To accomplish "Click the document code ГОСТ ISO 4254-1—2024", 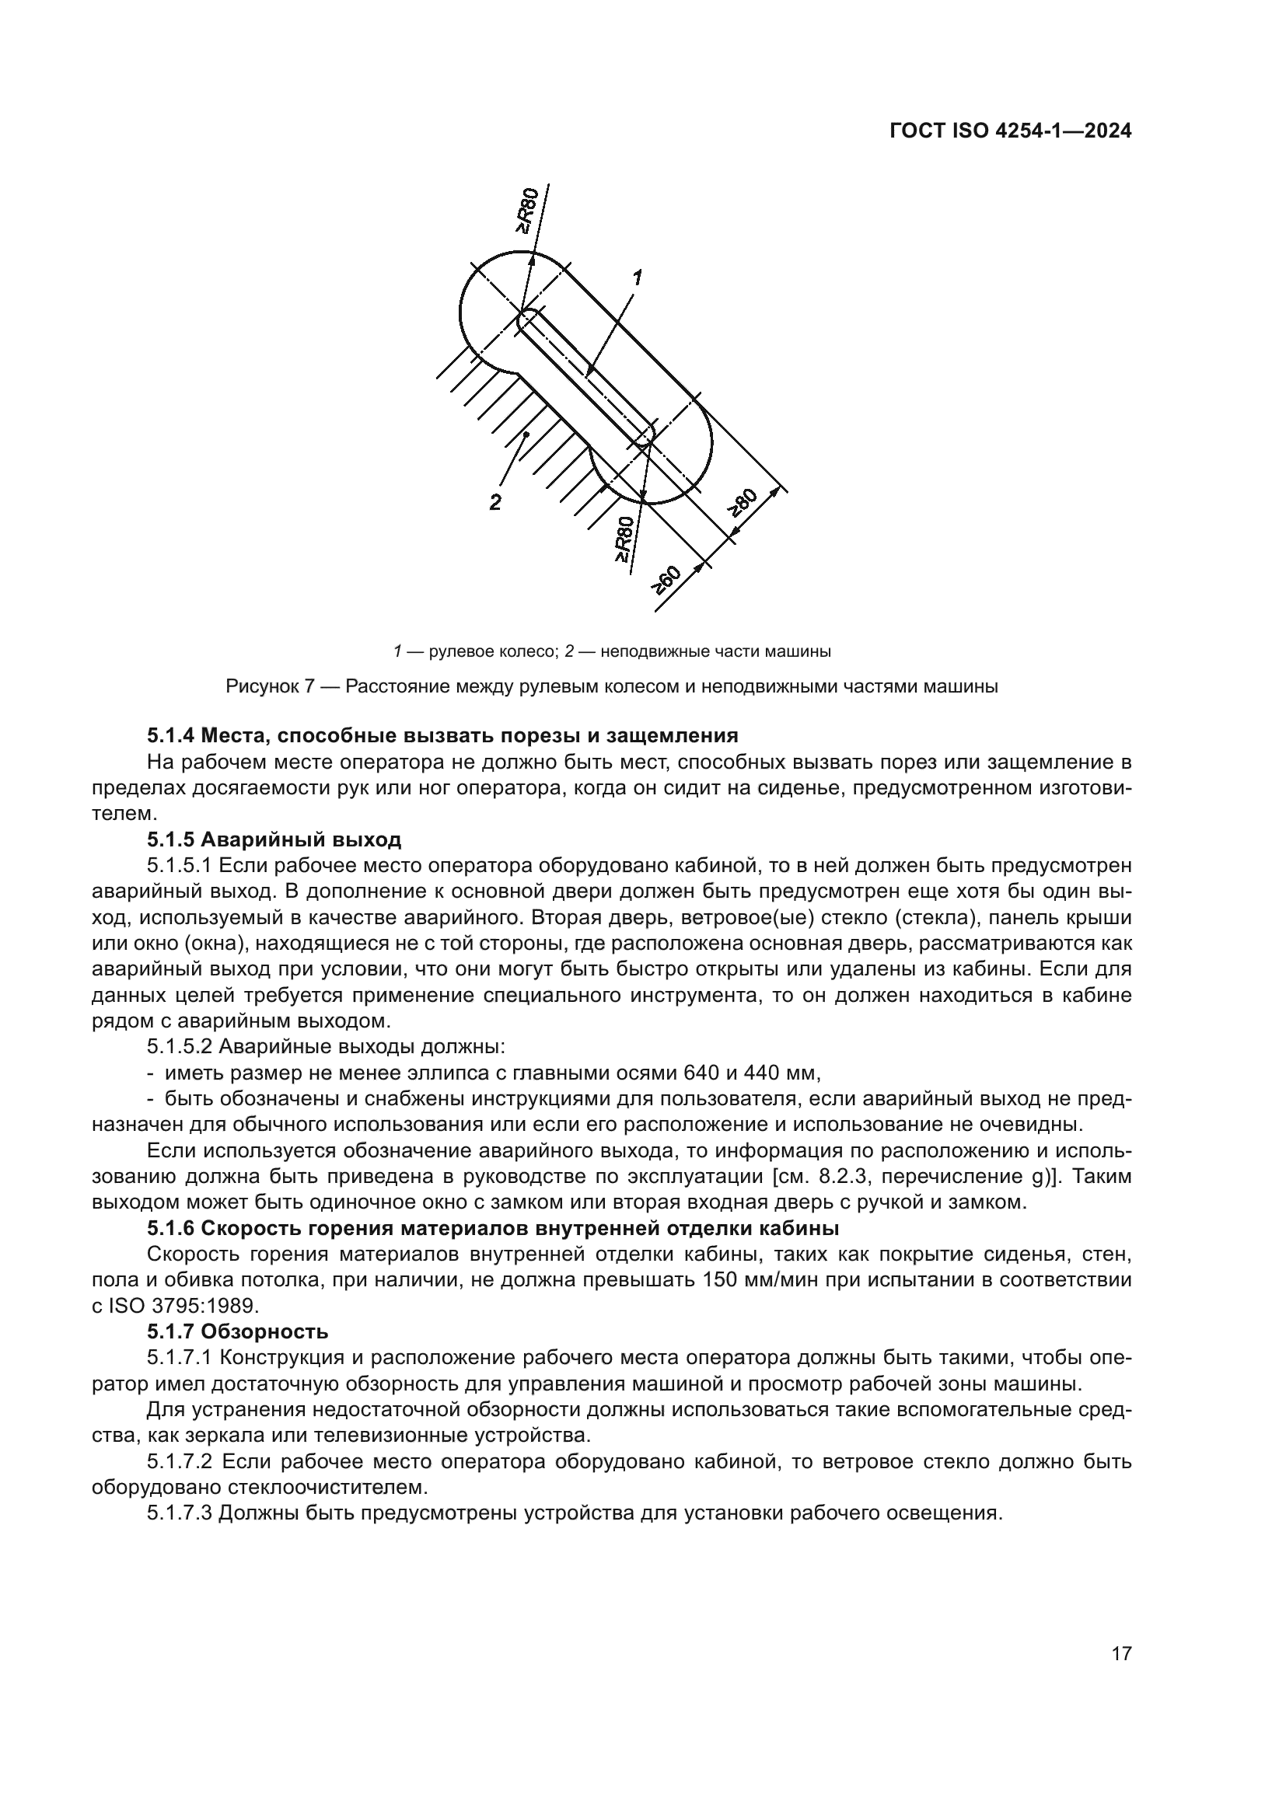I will coord(1011,131).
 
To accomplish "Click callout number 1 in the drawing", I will coord(637,277).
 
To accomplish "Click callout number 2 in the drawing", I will coord(495,502).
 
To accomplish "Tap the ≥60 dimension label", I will coord(666,581).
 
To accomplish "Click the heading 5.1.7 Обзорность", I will coord(238,1331).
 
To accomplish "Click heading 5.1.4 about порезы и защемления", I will coord(442,735).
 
